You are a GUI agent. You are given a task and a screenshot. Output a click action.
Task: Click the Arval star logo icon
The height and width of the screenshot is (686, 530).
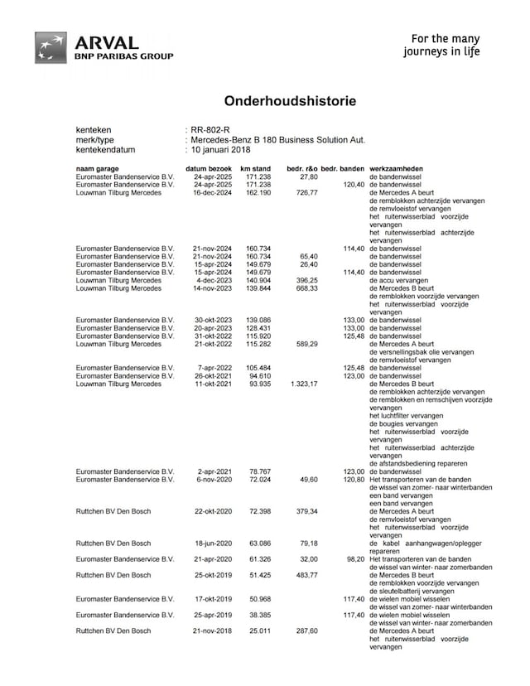point(51,47)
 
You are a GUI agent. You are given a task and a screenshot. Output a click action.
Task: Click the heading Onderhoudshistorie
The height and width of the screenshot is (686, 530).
point(290,101)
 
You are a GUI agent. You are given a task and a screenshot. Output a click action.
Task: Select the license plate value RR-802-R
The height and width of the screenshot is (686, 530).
point(210,131)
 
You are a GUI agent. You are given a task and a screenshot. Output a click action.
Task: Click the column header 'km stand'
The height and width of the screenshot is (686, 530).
point(255,169)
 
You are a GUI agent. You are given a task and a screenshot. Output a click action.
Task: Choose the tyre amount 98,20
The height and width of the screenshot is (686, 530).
point(353,558)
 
